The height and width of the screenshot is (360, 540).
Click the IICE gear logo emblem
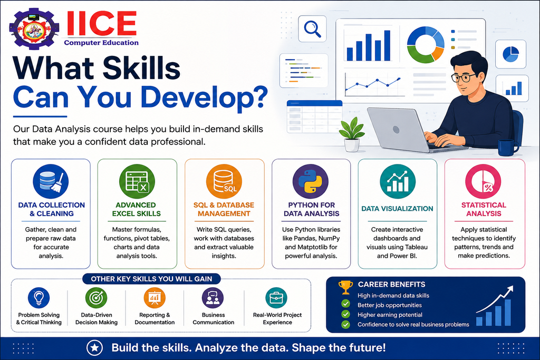tap(34, 29)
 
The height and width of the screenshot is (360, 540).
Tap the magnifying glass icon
tap(313, 29)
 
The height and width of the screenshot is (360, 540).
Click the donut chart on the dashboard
tap(426, 45)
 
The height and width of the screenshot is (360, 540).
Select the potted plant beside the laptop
tap(352, 134)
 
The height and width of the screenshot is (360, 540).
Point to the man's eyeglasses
tap(464, 77)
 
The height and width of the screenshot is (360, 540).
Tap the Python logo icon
tap(310, 181)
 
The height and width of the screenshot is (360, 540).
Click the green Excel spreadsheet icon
tap(137, 181)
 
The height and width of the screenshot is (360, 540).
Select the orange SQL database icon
tap(224, 181)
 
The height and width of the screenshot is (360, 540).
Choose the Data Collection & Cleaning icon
tap(51, 181)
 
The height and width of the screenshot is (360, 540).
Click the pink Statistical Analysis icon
tap(483, 181)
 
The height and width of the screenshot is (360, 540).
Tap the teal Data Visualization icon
tap(398, 181)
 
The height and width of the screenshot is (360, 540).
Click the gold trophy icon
tap(345, 287)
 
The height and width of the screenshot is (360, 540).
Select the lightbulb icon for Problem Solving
tap(38, 298)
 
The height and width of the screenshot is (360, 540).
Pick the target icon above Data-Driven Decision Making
tap(96, 298)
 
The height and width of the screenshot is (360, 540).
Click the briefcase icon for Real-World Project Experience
tap(276, 298)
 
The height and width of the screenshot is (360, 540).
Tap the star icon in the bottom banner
tap(94, 347)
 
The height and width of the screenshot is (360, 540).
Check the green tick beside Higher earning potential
tap(345, 314)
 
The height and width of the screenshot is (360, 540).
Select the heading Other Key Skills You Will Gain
tap(151, 279)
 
